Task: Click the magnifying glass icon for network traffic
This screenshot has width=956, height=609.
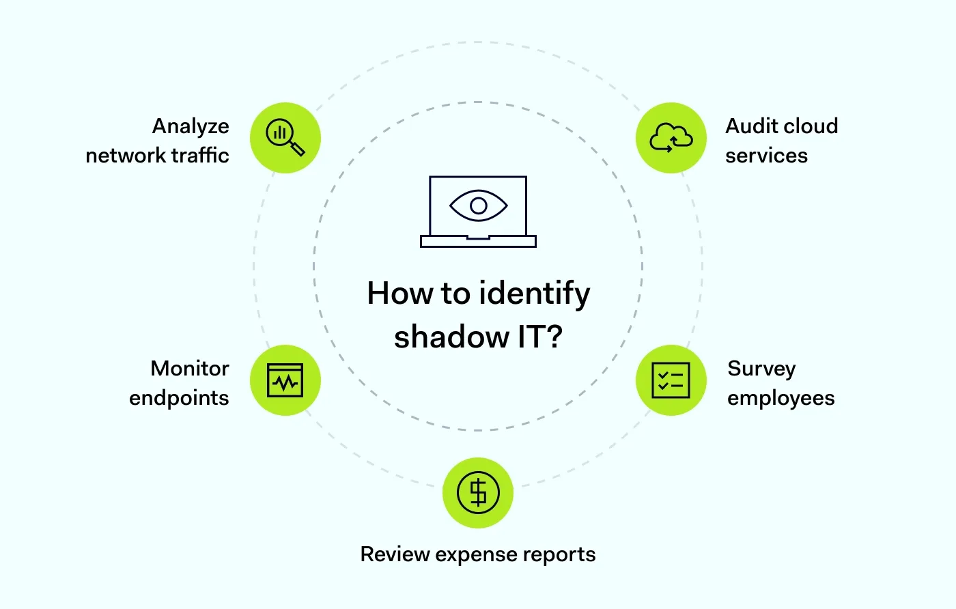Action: (285, 137)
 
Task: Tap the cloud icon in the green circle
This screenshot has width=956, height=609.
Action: (671, 137)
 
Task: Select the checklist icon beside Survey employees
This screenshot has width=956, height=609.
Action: (671, 380)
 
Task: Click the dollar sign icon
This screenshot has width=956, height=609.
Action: (478, 492)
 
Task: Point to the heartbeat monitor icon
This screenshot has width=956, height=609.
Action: (285, 380)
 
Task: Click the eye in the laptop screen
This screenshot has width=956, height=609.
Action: (478, 205)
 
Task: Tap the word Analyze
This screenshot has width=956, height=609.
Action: (191, 127)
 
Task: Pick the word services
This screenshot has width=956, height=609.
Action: (766, 156)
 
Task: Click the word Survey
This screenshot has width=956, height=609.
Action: (761, 369)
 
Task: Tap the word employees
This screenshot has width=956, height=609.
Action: (781, 398)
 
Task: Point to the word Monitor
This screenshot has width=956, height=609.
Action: (190, 369)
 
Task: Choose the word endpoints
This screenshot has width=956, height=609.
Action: (179, 398)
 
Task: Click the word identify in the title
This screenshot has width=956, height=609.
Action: (535, 294)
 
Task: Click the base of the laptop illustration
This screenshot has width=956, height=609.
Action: (478, 241)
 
